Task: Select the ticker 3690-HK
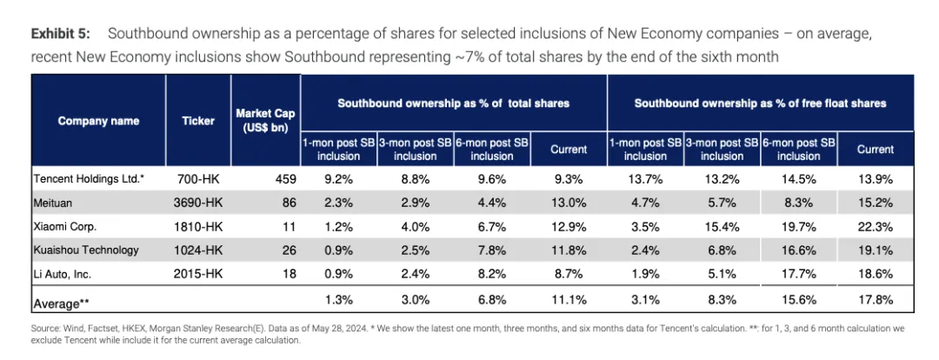tap(198, 202)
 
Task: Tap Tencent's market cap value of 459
tap(283, 178)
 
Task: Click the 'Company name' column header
tap(98, 121)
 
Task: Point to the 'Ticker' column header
tap(198, 121)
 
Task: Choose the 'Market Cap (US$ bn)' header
tap(265, 121)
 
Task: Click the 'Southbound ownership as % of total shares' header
tap(453, 103)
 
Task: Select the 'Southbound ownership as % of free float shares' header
tap(760, 103)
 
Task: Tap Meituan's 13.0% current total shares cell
tap(569, 202)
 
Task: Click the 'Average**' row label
tap(62, 303)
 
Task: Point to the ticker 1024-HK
tap(198, 250)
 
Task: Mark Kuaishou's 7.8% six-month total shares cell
tap(491, 250)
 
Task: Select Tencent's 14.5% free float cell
tap(798, 178)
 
